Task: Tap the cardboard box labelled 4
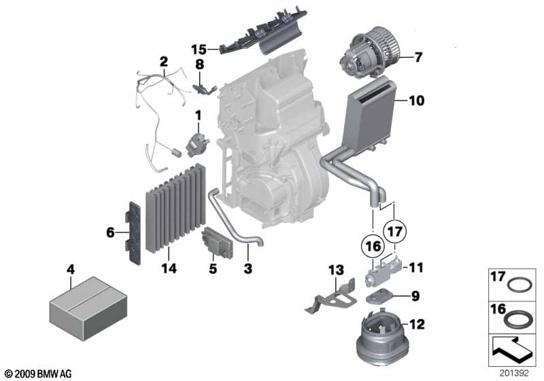[x=88, y=308]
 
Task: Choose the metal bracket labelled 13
[x=330, y=297]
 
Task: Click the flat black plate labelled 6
[x=134, y=233]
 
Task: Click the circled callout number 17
[x=395, y=231]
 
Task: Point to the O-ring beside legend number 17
[x=520, y=286]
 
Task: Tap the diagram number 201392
[x=514, y=373]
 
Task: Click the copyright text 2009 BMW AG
[x=43, y=374]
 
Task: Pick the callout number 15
[x=199, y=49]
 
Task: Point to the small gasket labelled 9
[x=379, y=297]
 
